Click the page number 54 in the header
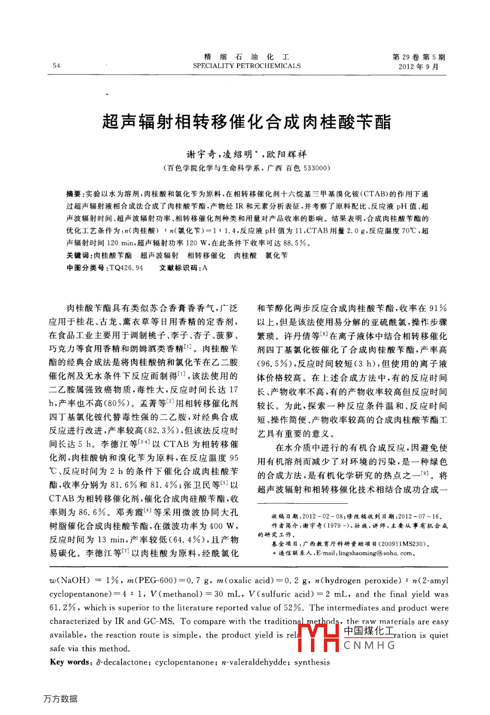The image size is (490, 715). tap(57, 66)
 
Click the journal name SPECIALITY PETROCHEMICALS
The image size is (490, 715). tap(247, 66)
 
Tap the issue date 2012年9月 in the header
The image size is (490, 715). tap(418, 67)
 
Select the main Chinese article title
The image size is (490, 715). tap(247, 121)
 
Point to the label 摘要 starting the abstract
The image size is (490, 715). tap(74, 194)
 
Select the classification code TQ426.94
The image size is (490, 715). tap(127, 268)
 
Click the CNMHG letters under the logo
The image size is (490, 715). tap(370, 645)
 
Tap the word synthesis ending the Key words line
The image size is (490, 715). tap(312, 662)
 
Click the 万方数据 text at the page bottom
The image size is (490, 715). tap(60, 699)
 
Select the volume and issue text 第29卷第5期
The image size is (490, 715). tap(418, 57)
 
